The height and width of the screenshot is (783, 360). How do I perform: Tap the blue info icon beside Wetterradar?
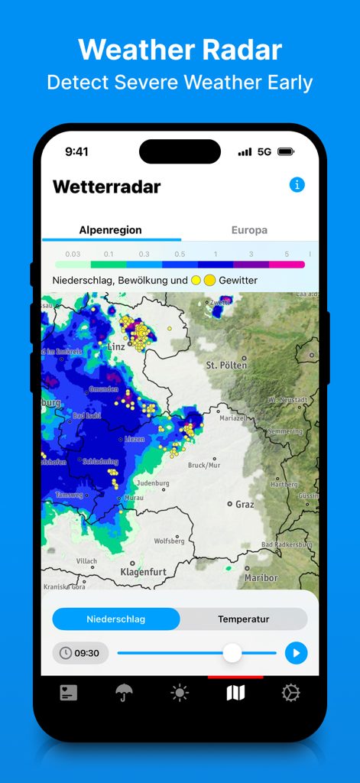tap(297, 185)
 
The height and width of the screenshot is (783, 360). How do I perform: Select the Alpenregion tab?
tap(110, 229)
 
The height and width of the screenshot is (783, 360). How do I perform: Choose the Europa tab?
tap(249, 229)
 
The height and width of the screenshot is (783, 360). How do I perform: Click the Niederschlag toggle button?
tap(115, 619)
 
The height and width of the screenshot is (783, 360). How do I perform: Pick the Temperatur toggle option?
tap(244, 619)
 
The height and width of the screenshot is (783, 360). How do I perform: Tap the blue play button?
tap(296, 653)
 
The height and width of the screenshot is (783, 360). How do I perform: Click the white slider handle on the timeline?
tap(232, 653)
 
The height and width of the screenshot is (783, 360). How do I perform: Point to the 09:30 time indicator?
tap(80, 653)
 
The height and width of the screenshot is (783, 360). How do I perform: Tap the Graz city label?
tap(244, 505)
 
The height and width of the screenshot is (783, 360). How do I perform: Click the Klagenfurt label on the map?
tap(143, 571)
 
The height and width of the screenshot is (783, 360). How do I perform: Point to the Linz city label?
tap(116, 346)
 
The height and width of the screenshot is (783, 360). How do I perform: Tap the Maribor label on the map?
tap(261, 577)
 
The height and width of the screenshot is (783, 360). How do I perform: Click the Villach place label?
tap(86, 560)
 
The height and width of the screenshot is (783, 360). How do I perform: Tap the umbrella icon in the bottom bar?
tap(124, 693)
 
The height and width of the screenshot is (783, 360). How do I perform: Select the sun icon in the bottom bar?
tap(180, 693)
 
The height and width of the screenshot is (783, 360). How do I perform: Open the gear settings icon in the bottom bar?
tap(290, 693)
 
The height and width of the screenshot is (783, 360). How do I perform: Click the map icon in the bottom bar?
tap(235, 693)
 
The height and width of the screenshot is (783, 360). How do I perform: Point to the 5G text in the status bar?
tap(264, 152)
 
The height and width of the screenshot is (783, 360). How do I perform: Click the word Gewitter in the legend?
tap(238, 281)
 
